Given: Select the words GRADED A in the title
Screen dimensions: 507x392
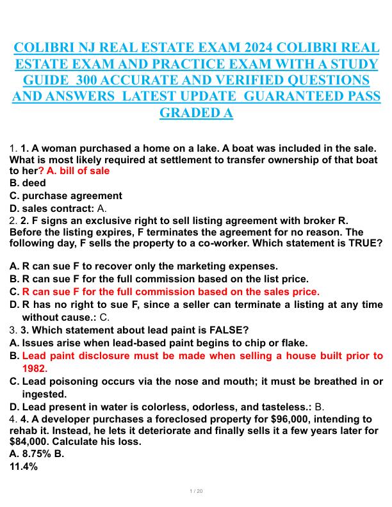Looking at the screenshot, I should (x=196, y=113).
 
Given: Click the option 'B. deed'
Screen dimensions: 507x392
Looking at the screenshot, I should (x=28, y=183).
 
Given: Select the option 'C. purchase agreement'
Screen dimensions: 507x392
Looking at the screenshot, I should (x=65, y=196).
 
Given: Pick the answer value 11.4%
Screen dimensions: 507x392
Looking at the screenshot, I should (x=24, y=467).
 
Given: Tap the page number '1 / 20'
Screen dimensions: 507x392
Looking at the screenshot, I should (x=196, y=491).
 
